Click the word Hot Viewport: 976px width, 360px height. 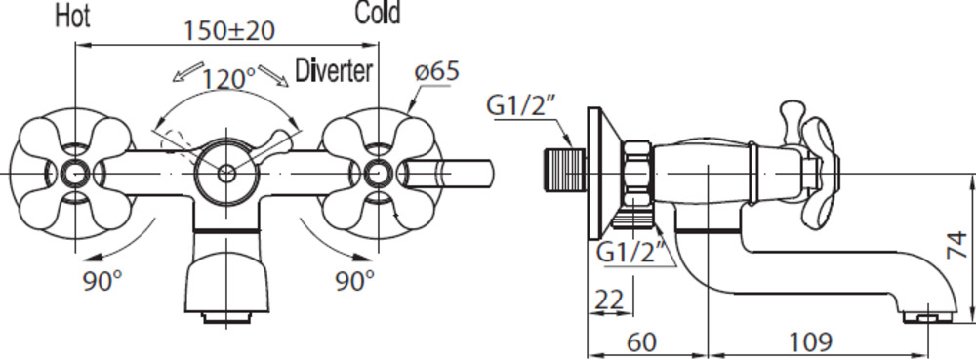[73, 17]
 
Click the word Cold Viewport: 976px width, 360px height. [378, 13]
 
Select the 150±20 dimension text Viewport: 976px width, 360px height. [229, 31]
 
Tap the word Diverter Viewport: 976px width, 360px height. [334, 71]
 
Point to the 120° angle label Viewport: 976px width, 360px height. [229, 78]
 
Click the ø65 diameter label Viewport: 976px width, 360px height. [437, 71]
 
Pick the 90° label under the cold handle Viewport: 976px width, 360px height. [355, 281]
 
